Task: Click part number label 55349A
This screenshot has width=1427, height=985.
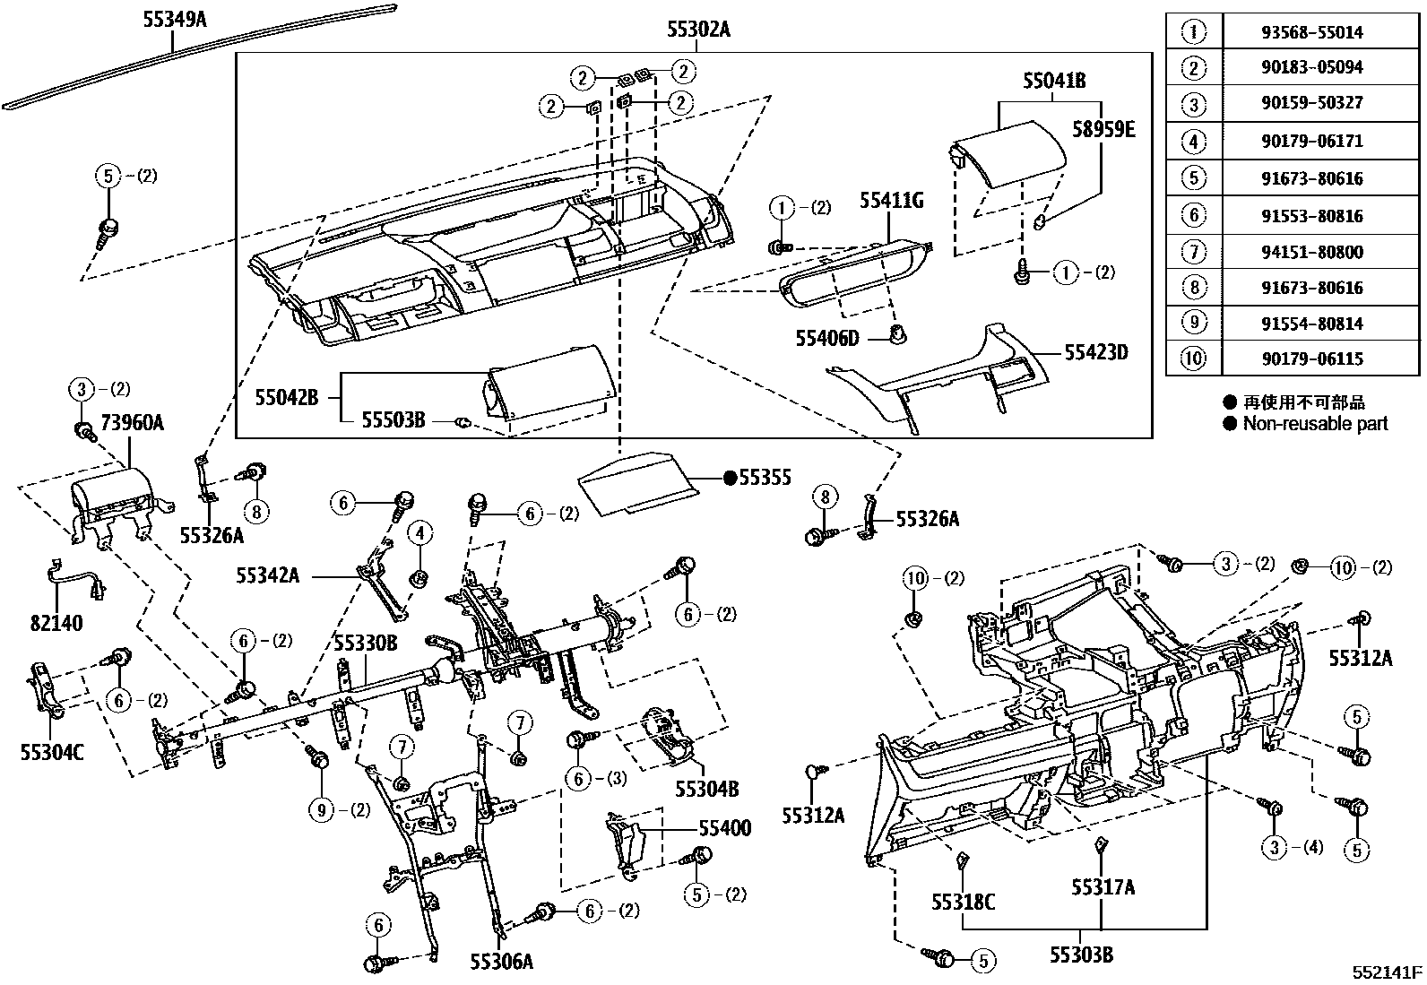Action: (x=174, y=17)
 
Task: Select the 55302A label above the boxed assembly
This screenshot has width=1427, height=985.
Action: (x=698, y=30)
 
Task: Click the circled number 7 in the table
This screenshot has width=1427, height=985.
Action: (x=1193, y=252)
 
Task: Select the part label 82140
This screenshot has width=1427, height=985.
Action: (x=56, y=623)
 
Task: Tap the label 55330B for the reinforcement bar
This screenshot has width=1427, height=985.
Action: (x=366, y=643)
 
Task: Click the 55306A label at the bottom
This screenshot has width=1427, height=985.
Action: (x=501, y=962)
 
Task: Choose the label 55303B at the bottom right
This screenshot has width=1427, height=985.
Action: (x=1082, y=955)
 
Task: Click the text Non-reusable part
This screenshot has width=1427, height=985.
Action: (x=1314, y=424)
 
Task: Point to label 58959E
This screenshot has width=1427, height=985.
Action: (x=1103, y=130)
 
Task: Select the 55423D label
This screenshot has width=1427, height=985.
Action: (x=1095, y=352)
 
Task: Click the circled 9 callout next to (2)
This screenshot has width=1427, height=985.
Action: (x=321, y=810)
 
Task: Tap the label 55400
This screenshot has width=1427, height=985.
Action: (x=724, y=828)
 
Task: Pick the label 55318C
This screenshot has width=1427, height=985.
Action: (x=963, y=901)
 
